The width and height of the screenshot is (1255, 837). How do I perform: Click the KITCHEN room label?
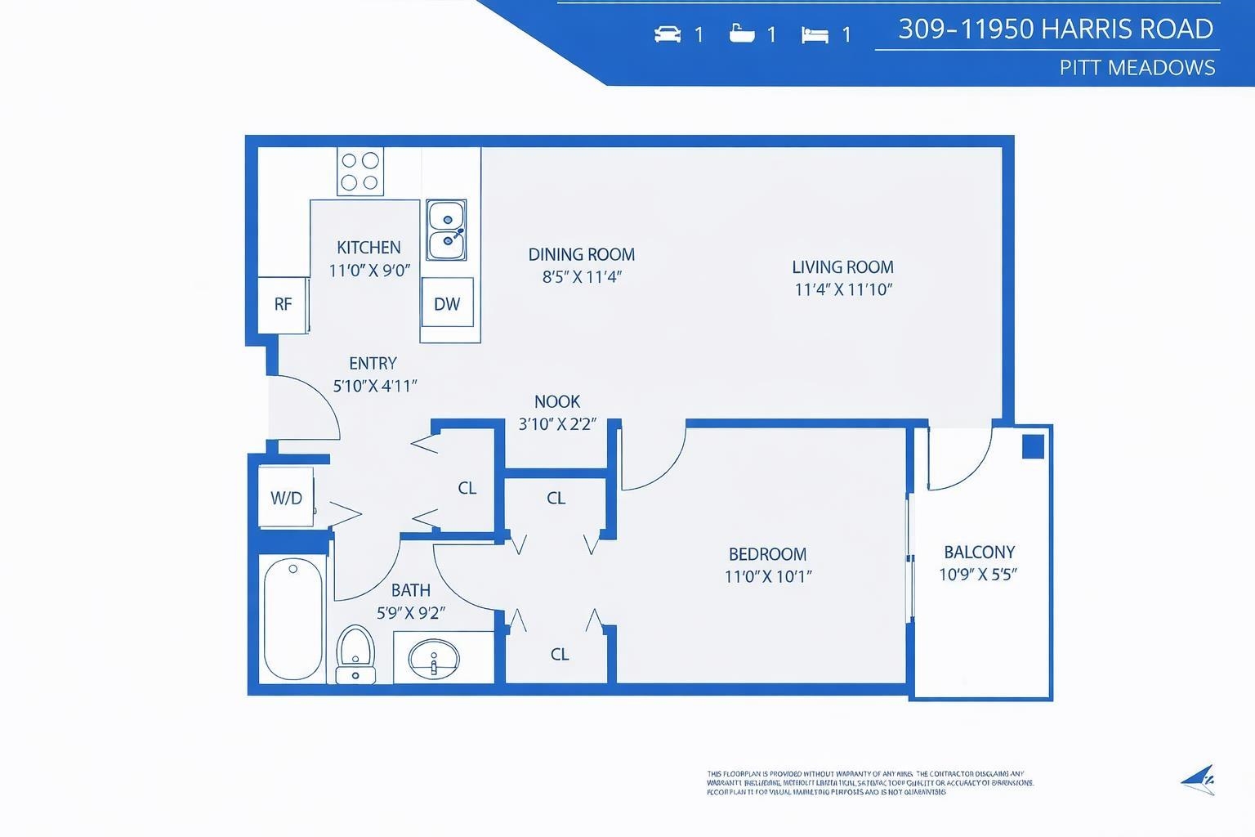tap(368, 247)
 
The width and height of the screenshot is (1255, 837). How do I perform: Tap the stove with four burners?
tap(360, 172)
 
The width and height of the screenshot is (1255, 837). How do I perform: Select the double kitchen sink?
tap(446, 230)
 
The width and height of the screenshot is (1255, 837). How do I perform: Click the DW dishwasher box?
tap(447, 303)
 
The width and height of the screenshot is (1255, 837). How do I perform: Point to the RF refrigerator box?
tap(283, 304)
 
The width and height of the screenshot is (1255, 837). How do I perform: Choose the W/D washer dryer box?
tap(286, 498)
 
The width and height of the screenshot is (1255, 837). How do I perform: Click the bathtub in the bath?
tap(293, 619)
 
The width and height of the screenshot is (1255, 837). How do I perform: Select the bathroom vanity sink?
tap(434, 659)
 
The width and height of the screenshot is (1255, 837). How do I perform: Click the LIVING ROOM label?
tap(842, 266)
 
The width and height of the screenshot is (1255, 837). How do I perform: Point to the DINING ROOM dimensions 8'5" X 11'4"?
tap(582, 276)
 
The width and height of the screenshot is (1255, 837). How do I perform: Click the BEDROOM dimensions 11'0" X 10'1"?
tap(767, 576)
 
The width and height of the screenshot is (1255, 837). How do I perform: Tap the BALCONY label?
tap(979, 552)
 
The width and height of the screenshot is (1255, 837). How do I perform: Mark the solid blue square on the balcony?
tap(1033, 446)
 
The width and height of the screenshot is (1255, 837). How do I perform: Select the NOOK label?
tap(557, 401)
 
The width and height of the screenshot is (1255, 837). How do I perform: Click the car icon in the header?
tap(668, 34)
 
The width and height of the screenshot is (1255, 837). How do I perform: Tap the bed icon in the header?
tap(815, 34)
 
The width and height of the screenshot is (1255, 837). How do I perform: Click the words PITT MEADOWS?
tap(1137, 67)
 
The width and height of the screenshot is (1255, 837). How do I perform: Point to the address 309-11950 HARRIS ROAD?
tap(1055, 29)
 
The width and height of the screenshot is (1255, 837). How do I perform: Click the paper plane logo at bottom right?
tap(1198, 780)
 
